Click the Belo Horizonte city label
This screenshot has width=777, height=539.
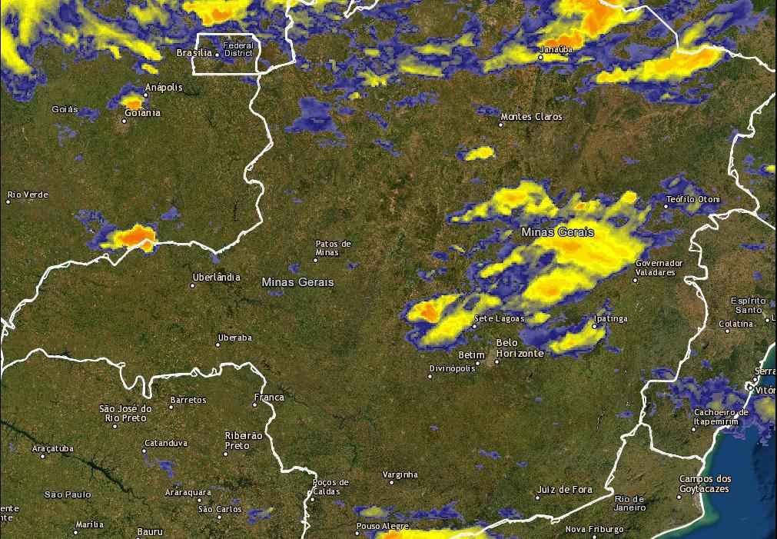click(x=520, y=348)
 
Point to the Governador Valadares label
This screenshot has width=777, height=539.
click(x=659, y=268)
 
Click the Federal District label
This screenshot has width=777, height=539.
click(x=238, y=49)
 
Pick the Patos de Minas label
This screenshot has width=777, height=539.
click(x=333, y=248)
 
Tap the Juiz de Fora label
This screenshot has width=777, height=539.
click(x=565, y=489)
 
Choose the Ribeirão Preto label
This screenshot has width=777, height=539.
click(x=244, y=441)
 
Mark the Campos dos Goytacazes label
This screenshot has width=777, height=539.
click(x=705, y=483)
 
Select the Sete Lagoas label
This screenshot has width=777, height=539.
click(x=500, y=318)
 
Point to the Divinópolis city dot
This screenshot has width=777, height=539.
click(x=430, y=376)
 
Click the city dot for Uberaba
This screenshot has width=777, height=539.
click(x=217, y=344)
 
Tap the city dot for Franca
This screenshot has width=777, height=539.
click(x=255, y=404)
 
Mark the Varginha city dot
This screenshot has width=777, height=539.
click(x=391, y=482)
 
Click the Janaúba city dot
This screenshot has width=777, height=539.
click(x=540, y=57)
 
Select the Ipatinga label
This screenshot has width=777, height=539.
click(x=611, y=318)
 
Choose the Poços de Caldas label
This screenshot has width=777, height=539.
click(x=331, y=487)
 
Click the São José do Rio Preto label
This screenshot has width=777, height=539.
click(x=126, y=413)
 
